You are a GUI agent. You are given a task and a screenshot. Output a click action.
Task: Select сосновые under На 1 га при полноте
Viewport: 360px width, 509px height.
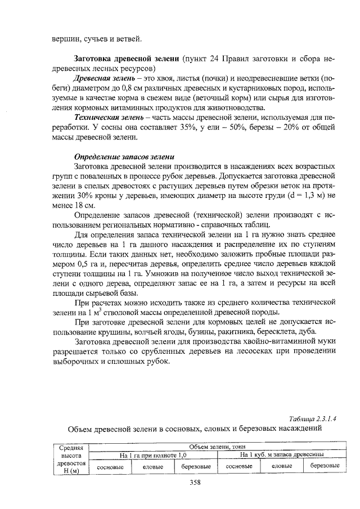point(109,467)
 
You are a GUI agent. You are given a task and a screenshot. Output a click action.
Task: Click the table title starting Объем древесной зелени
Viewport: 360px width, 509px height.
point(194,430)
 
